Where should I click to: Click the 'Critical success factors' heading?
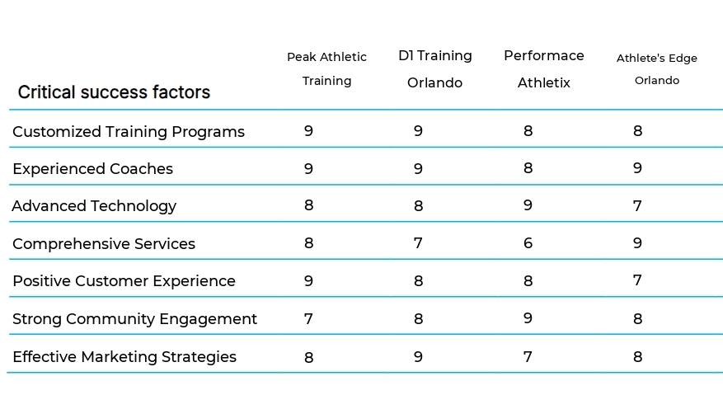tap(114, 92)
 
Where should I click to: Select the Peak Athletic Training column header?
tap(326, 68)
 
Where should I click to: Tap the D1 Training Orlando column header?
tap(435, 68)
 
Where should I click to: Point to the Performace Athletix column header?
tap(544, 68)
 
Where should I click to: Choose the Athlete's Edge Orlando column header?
tap(657, 69)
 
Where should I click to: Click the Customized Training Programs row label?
tap(129, 131)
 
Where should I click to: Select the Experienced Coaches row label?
tap(93, 169)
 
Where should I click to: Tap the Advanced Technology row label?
tap(94, 206)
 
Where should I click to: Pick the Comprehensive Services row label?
tap(104, 244)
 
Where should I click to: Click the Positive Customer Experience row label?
tap(124, 281)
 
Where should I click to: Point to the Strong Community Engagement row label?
tap(134, 319)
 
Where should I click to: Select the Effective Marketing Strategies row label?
tap(124, 357)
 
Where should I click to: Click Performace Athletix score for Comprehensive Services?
tap(528, 243)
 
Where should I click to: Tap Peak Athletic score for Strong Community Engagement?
tap(308, 318)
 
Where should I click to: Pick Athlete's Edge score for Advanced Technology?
tap(637, 206)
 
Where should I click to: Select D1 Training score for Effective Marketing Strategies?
tap(418, 356)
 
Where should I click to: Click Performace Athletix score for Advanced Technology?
tap(528, 205)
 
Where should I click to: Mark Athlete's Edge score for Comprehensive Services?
tap(637, 243)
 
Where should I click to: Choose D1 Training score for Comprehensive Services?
tap(418, 243)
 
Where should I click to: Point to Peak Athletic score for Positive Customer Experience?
tap(308, 280)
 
